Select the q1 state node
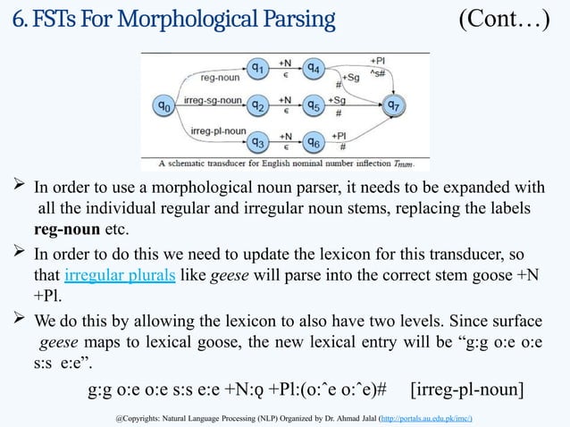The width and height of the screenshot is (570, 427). point(258,66)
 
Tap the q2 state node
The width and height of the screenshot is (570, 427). point(258,105)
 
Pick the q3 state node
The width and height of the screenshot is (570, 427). point(258,141)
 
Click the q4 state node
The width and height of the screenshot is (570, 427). point(314,66)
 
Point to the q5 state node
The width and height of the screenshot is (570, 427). point(314,105)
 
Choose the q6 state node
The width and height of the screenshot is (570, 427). point(314,141)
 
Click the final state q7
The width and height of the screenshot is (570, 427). point(392,105)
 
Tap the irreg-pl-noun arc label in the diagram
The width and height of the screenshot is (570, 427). point(218,131)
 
